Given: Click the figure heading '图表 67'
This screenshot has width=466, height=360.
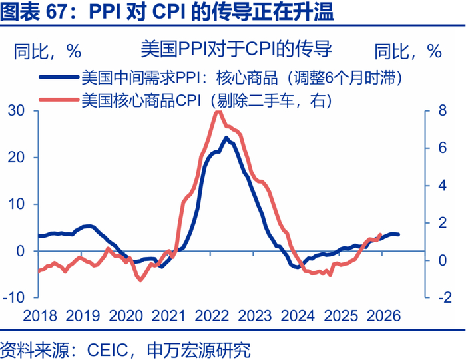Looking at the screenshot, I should (40, 12).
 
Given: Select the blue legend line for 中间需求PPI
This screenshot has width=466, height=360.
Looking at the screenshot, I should (59, 77).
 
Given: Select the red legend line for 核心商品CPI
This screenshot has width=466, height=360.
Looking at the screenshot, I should (59, 100).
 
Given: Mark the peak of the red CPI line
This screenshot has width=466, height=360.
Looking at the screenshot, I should (218, 112).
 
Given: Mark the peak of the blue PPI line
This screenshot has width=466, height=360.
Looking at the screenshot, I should (226, 138).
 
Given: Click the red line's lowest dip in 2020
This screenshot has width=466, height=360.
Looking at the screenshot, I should (140, 280).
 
